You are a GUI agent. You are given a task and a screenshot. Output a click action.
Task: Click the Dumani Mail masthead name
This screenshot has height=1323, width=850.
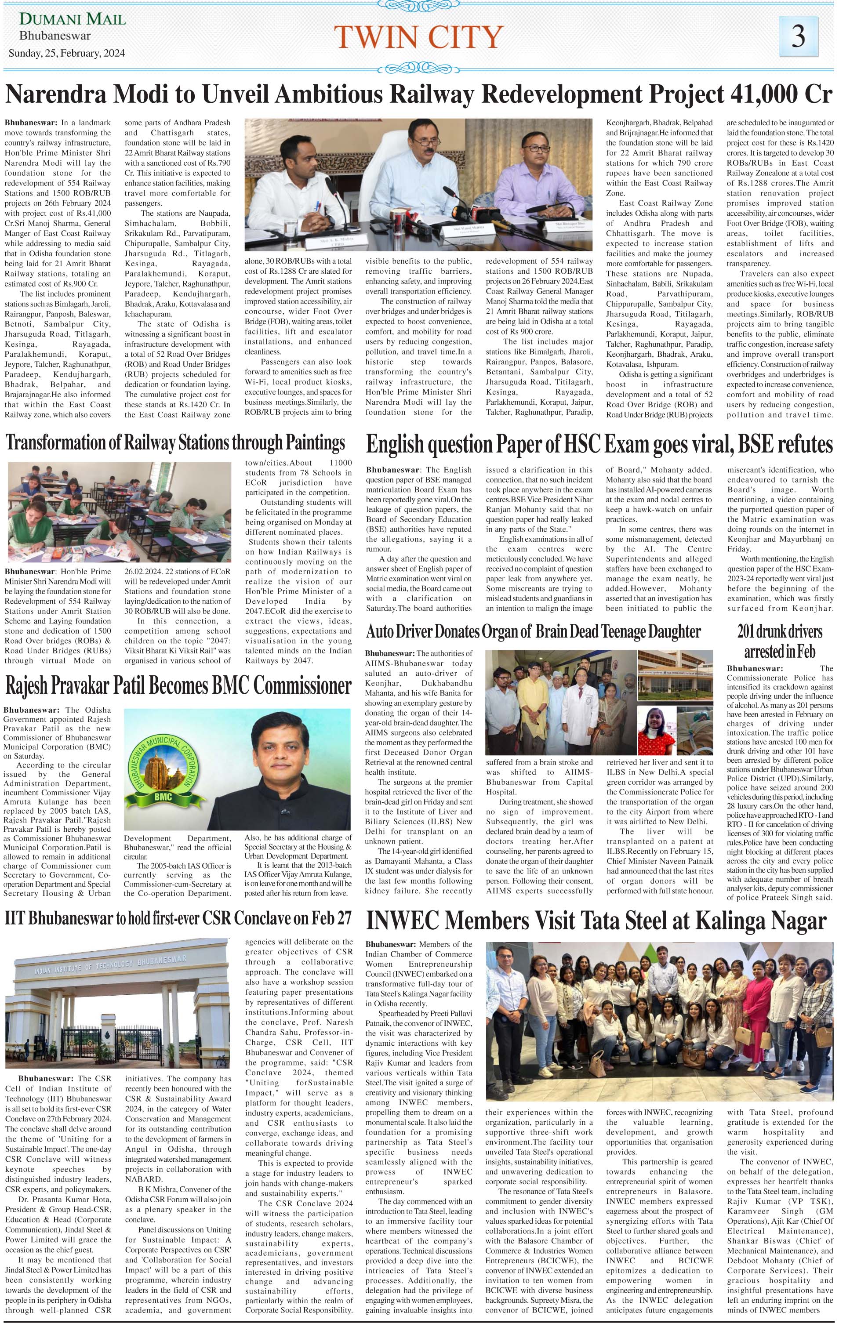click(73, 19)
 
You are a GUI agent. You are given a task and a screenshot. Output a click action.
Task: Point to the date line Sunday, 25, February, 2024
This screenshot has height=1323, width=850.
click(67, 54)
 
